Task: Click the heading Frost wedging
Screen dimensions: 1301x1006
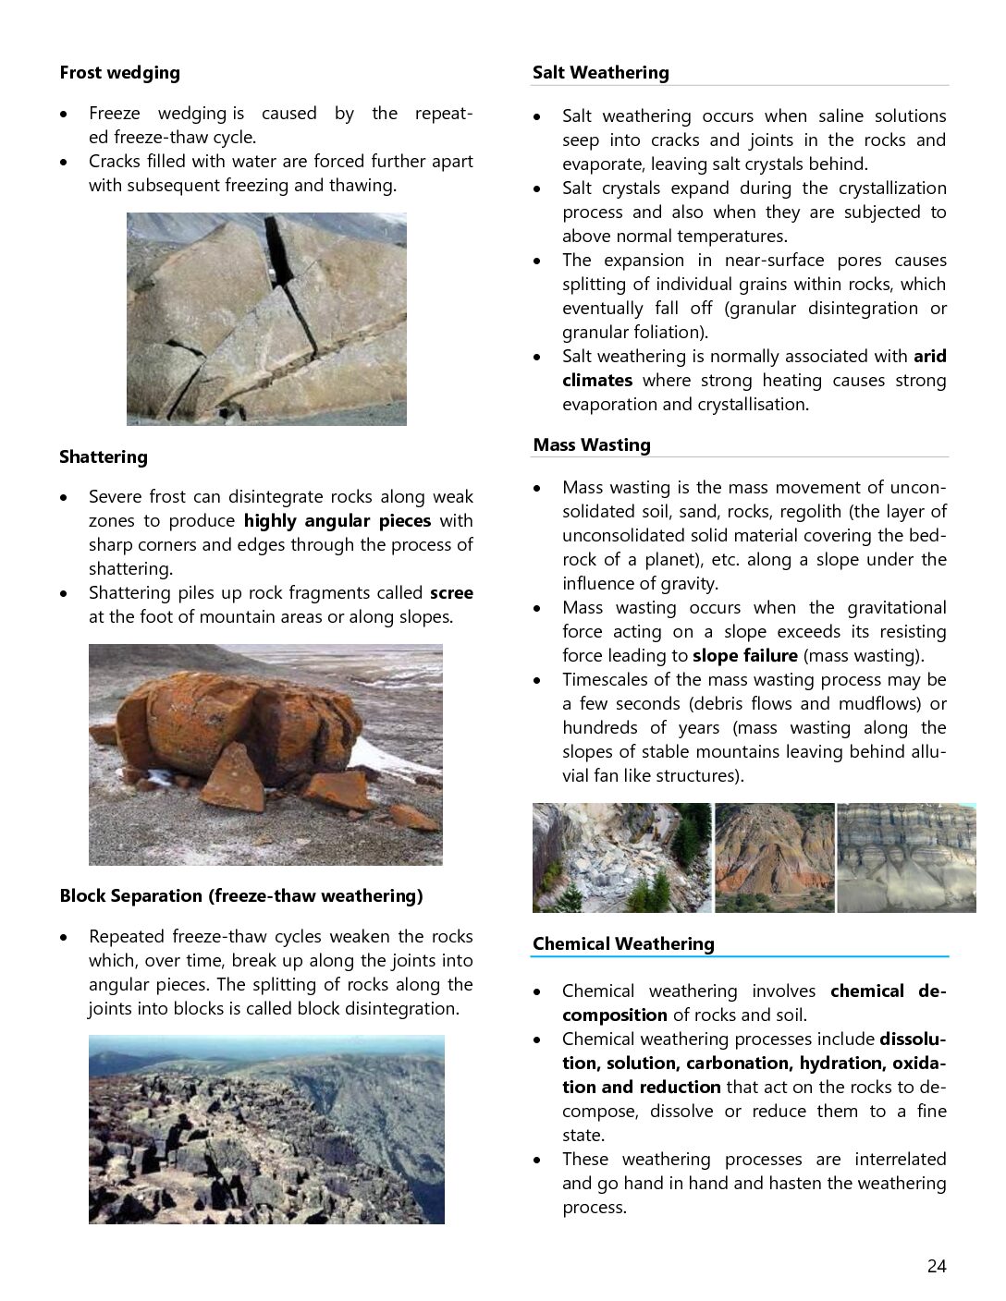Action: tap(119, 73)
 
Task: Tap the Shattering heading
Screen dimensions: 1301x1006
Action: tap(103, 457)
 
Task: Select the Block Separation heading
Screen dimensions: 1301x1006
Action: tap(240, 896)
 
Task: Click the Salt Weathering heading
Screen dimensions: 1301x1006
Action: tap(600, 73)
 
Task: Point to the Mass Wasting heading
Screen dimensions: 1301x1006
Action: tap(591, 445)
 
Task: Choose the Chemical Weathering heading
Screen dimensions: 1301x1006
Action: tap(623, 944)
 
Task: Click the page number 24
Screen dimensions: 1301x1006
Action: tap(936, 1267)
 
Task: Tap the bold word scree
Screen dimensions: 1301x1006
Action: tap(451, 593)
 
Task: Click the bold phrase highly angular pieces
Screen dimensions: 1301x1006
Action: tap(337, 521)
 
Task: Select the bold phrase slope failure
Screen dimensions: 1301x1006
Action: tap(744, 656)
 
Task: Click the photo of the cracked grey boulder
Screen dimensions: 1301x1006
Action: tap(266, 319)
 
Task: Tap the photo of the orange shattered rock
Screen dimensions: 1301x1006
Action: tap(265, 754)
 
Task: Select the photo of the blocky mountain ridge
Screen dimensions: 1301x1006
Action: tap(266, 1129)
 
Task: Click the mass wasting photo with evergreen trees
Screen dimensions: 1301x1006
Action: tap(621, 857)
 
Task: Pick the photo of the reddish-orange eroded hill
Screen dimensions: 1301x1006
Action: tap(775, 857)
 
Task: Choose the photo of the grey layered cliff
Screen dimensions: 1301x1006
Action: tap(906, 857)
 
